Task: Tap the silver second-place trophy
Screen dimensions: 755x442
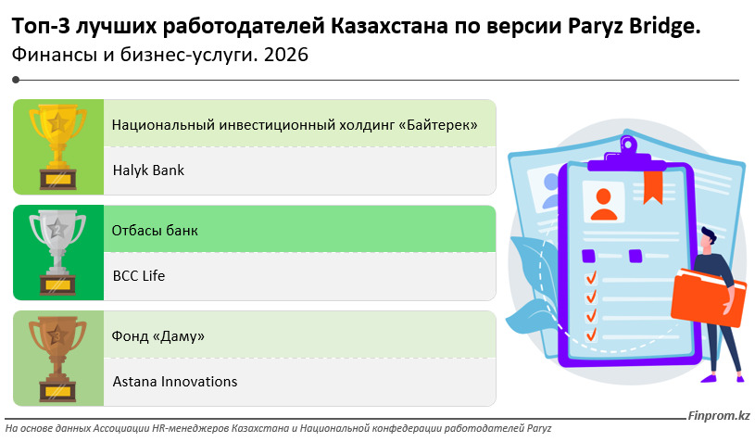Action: point(57,253)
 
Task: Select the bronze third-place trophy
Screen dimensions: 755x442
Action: point(57,359)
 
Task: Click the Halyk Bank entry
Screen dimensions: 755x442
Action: point(148,170)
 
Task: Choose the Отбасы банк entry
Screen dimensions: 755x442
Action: point(155,231)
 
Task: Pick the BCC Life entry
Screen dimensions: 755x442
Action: point(139,276)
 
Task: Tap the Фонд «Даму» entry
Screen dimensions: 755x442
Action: point(157,336)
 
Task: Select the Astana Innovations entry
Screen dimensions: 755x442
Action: point(175,382)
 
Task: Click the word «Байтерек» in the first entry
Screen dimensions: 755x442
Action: point(437,125)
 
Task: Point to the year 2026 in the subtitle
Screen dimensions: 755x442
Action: point(286,55)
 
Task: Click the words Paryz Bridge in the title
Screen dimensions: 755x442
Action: point(635,27)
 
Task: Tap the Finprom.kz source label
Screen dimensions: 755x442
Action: point(718,415)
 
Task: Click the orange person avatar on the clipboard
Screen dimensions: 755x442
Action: point(604,205)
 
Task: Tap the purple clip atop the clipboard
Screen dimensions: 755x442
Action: point(627,155)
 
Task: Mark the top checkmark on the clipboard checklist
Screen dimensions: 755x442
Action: point(591,277)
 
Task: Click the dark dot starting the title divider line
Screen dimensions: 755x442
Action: point(16,80)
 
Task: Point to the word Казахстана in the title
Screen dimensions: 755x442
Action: point(389,27)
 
